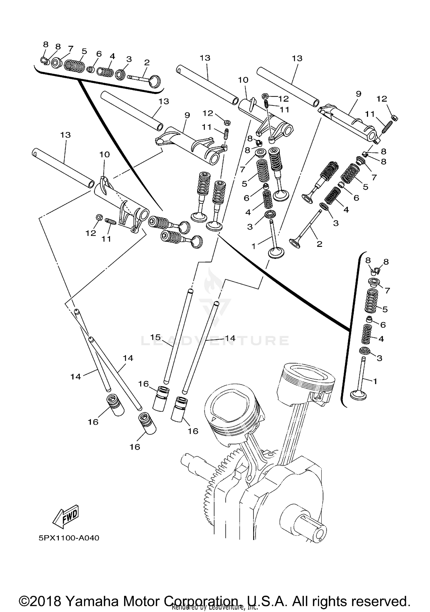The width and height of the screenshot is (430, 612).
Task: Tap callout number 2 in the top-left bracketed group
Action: (x=147, y=62)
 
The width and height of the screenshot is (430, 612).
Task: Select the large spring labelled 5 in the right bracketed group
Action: (x=371, y=300)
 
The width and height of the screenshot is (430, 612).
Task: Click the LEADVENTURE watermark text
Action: (x=215, y=341)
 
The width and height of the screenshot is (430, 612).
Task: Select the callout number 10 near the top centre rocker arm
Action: (x=243, y=80)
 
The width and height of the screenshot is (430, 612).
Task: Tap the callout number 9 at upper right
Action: (x=358, y=93)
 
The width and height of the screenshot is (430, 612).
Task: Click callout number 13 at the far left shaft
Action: (x=65, y=135)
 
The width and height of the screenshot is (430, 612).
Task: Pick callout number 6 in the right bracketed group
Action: (x=383, y=325)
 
